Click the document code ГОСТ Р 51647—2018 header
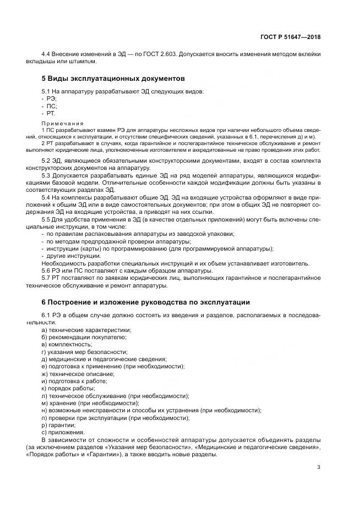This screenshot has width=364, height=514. [290, 37]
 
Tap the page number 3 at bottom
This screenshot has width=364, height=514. [318, 467]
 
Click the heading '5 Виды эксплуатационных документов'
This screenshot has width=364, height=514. [113, 79]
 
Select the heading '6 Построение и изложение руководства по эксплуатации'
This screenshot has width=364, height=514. [146, 302]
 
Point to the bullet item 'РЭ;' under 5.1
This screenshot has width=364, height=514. [51, 98]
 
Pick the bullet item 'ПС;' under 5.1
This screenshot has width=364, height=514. [52, 105]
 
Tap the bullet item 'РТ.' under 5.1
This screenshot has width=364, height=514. [51, 113]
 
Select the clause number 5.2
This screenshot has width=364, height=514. [47, 161]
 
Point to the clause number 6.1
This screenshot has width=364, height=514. [47, 314]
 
